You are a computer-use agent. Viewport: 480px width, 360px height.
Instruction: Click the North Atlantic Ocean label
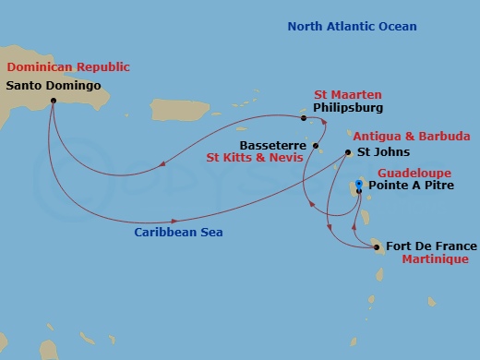[x=352, y=26]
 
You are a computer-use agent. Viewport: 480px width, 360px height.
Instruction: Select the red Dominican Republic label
[x=68, y=67]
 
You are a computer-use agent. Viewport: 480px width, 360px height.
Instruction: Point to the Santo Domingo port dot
[x=53, y=100]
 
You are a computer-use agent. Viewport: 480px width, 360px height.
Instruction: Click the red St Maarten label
[x=348, y=94]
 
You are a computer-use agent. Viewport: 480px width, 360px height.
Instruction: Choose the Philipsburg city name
[x=349, y=108]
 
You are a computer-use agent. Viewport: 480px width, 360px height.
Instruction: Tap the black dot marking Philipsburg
[x=304, y=117]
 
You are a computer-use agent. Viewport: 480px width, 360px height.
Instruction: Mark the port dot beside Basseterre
[x=316, y=146]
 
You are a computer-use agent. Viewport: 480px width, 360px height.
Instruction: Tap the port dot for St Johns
[x=347, y=152]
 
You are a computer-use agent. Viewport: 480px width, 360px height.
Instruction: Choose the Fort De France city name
[x=432, y=246]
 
